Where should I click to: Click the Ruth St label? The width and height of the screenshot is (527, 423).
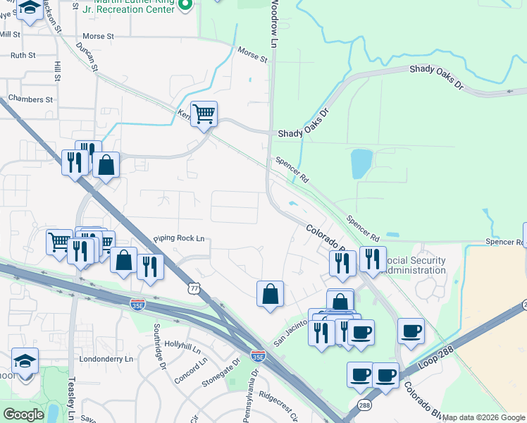23,54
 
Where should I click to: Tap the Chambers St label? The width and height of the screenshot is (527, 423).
30,99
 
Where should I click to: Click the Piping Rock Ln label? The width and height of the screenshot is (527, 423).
178,239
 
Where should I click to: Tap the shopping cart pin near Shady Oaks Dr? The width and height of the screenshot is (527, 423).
204,114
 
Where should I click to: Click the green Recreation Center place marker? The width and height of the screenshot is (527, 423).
186,5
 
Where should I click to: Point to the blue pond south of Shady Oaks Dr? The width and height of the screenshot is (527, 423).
360,164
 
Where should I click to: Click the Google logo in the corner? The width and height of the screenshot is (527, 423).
23,415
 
